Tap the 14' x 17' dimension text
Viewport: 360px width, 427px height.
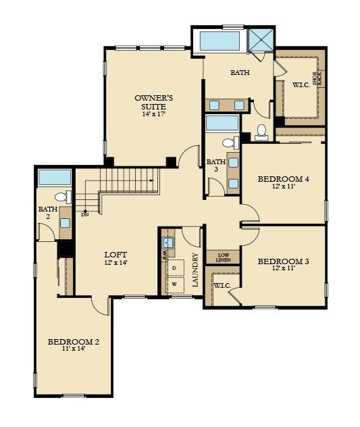pos(153,114)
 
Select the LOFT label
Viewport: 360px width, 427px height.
pos(116,254)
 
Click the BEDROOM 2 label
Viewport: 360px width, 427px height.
pos(74,342)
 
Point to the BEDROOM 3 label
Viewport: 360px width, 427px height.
pos(283,261)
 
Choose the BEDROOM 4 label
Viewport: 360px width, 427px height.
pos(283,179)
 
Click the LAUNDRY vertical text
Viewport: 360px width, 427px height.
pos(195,270)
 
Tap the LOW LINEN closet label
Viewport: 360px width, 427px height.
pos(223,257)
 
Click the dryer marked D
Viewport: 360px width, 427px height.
pos(175,268)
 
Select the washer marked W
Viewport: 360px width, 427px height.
pos(175,284)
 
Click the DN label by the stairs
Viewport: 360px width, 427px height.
pos(84,215)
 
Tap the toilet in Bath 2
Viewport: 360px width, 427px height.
pos(61,197)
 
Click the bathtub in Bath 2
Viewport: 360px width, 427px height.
pos(54,178)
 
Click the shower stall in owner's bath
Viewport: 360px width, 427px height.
pos(259,41)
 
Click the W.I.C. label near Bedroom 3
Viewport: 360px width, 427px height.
pos(222,286)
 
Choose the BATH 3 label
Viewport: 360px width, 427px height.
pos(216,166)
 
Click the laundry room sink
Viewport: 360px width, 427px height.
pos(168,242)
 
